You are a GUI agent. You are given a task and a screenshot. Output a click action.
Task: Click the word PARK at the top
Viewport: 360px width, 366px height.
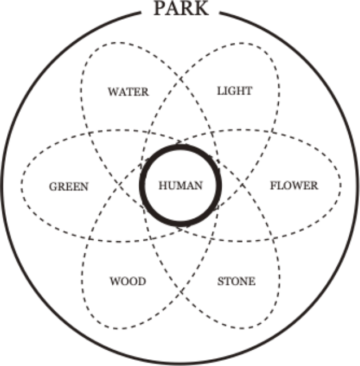coord(181,8)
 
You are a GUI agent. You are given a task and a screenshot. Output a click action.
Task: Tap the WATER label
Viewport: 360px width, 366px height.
coord(128,91)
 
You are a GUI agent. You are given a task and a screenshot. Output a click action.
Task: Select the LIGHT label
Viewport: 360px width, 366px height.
coord(235,91)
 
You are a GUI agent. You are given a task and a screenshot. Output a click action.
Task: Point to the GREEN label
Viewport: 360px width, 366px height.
coord(69,187)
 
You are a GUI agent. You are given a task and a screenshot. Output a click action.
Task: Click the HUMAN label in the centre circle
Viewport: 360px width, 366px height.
coord(181,186)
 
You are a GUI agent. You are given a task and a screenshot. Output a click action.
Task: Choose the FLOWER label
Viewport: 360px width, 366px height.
coord(294,186)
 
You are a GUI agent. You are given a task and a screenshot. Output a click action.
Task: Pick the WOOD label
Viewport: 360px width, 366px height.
coord(128,281)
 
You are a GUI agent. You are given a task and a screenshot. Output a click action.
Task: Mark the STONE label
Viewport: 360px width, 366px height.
coord(236,281)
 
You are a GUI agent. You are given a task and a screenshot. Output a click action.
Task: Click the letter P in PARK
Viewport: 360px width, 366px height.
coord(160,8)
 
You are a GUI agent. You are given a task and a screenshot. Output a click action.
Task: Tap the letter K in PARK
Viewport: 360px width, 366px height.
coord(201,8)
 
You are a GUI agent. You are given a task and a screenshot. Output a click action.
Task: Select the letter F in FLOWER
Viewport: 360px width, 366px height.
coord(274,186)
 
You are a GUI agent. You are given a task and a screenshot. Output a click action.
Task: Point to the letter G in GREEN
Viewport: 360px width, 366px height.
coord(53,187)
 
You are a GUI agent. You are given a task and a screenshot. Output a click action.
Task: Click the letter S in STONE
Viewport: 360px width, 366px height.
coord(221,281)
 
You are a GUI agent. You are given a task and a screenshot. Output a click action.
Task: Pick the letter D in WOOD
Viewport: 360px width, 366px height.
coord(142,281)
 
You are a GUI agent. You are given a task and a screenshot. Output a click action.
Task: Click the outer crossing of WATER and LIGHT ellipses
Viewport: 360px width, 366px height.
coord(181,79)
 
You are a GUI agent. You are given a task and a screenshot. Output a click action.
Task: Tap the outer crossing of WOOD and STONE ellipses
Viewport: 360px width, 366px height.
coord(181,292)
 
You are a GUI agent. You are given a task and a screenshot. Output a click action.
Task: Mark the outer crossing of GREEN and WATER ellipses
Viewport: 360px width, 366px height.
coord(89,133)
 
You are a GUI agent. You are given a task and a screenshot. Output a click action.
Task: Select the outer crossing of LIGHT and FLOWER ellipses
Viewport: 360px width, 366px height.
coord(273,133)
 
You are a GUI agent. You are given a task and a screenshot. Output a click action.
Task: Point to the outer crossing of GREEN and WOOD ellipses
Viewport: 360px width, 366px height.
coord(89,238)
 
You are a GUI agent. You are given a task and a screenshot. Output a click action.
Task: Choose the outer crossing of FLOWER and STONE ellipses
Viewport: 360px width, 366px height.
coord(273,239)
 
